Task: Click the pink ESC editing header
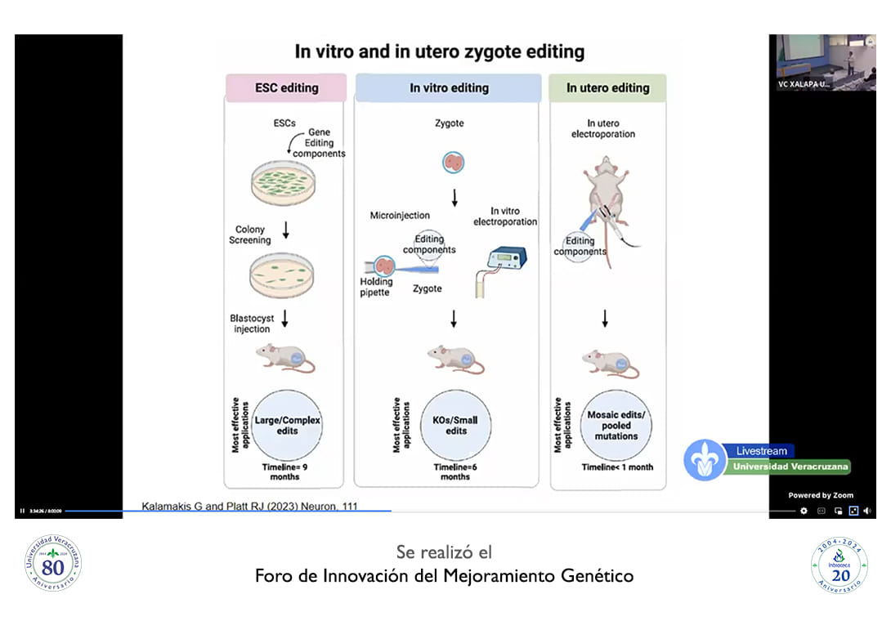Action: pos(286,87)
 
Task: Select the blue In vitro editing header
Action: pos(449,87)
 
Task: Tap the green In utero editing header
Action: pos(607,87)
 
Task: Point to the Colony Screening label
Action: pos(250,235)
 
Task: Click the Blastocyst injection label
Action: pos(250,324)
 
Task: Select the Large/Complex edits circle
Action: pos(287,425)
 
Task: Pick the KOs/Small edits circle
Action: pos(456,425)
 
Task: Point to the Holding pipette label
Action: pos(376,288)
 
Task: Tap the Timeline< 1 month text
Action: pos(617,467)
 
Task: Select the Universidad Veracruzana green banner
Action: pos(790,467)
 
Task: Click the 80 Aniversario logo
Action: pos(53,563)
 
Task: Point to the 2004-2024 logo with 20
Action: pos(839,565)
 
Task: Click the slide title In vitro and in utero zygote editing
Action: pos(440,51)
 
